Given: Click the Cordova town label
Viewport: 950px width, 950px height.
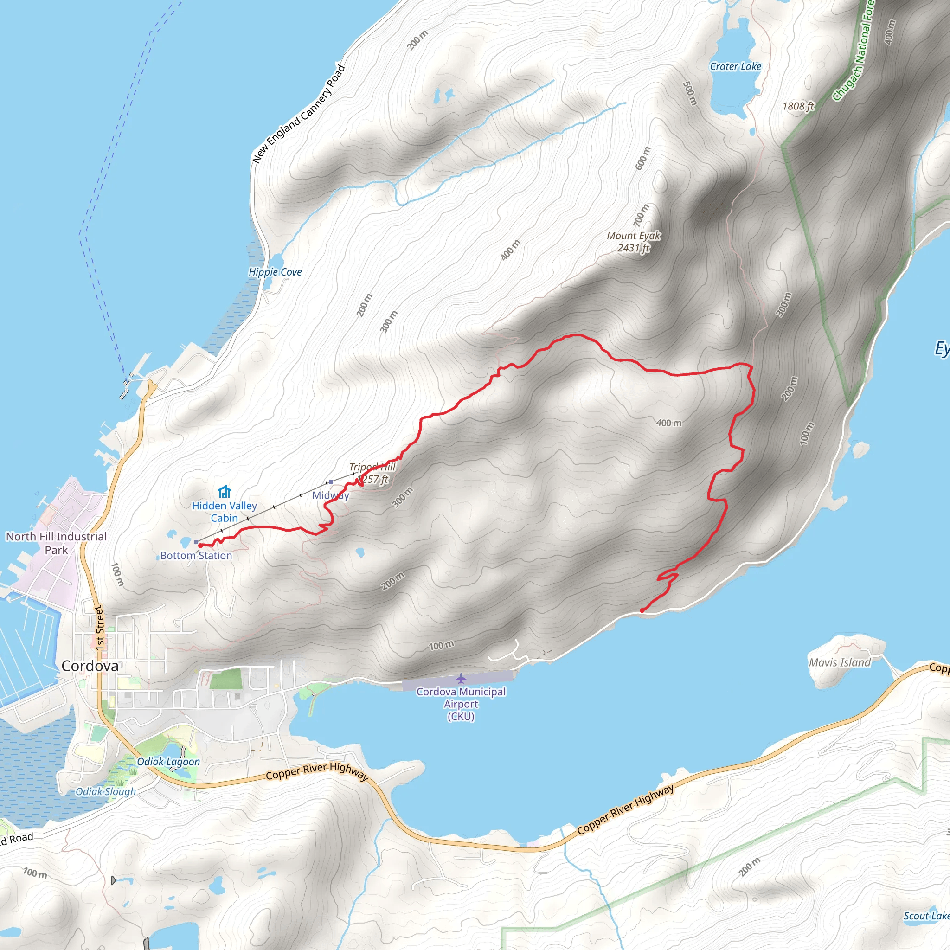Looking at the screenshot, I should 90,666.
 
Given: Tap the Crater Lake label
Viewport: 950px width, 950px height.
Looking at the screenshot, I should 735,66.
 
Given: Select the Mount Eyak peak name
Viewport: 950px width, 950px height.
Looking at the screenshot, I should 634,236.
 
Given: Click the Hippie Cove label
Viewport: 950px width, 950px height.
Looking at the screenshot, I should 275,272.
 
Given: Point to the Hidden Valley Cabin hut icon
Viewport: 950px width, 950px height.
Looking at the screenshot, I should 224,492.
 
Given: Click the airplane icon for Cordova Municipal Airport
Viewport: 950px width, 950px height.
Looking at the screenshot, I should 461,679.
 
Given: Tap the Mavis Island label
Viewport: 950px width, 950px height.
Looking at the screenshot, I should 840,662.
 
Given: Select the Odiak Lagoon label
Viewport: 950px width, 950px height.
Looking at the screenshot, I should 168,762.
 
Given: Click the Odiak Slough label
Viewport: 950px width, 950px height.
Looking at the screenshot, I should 106,792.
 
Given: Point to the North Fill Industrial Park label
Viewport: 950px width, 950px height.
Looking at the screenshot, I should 56,543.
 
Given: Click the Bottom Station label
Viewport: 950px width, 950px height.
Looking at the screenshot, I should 196,556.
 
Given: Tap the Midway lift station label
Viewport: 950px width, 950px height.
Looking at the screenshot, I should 330,495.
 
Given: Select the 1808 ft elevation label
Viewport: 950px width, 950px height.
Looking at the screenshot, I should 798,106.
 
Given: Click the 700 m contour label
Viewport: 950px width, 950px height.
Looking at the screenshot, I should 641,215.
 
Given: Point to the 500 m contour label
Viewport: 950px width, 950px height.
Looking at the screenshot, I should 690,93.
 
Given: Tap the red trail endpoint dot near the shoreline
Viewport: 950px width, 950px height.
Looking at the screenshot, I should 642,611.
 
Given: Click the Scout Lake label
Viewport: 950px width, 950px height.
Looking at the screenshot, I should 926,916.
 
